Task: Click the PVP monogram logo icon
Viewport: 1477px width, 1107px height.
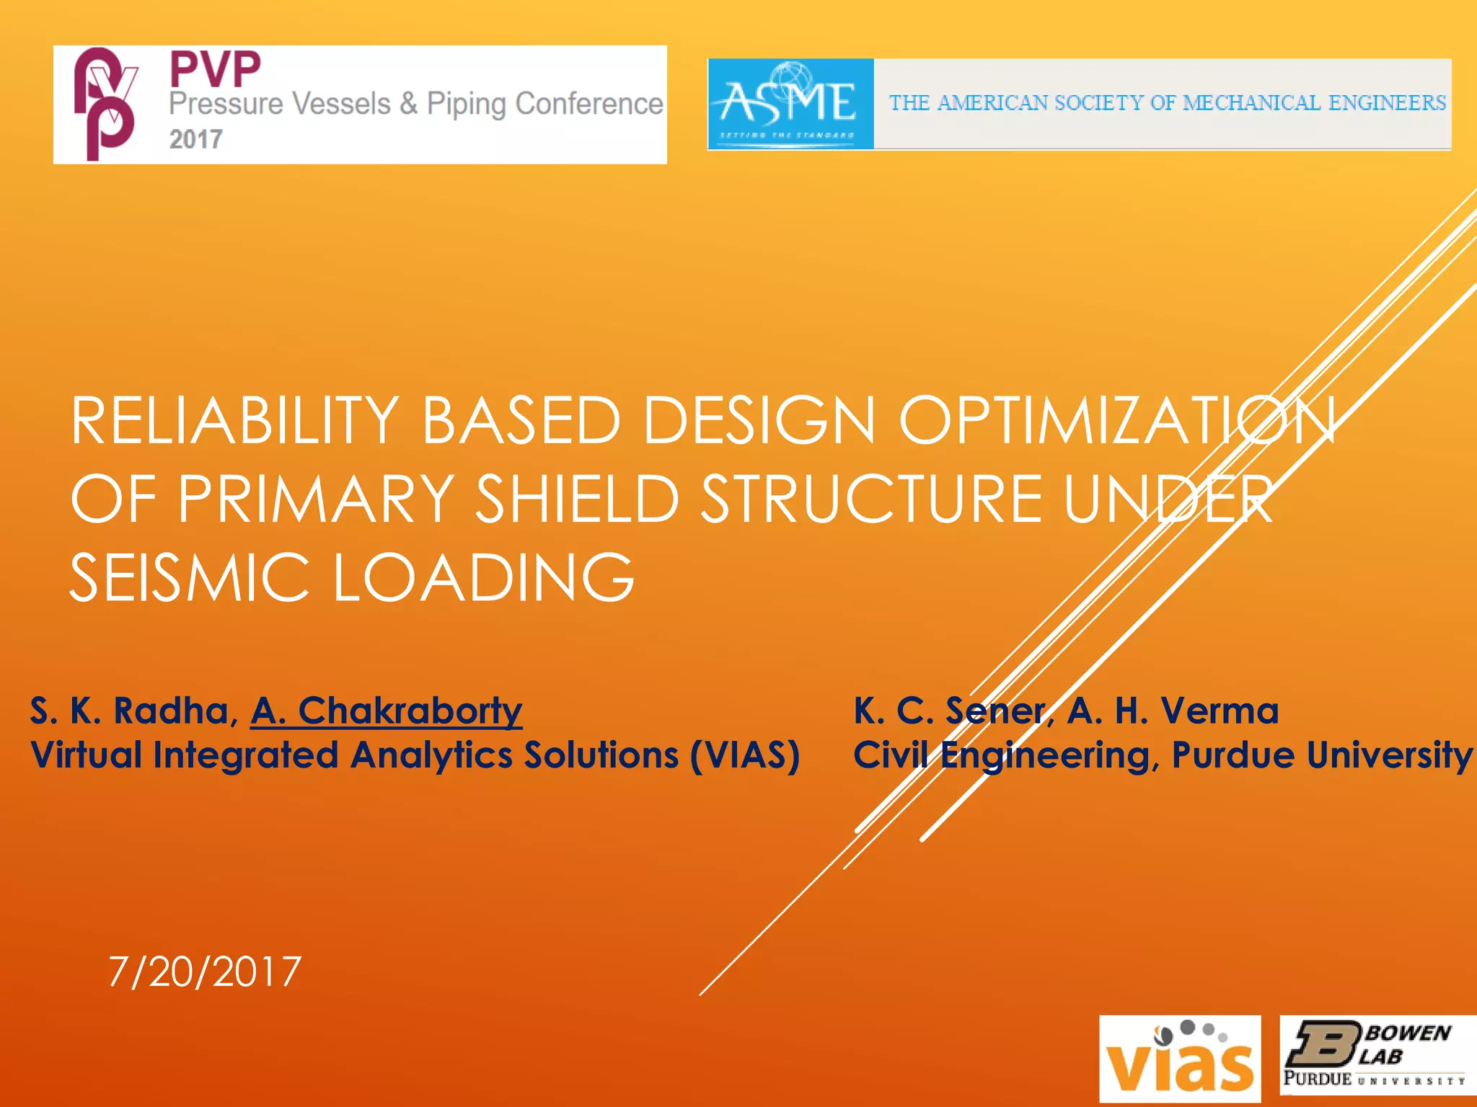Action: click(x=106, y=104)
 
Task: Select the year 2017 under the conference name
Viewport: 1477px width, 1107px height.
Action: click(x=195, y=139)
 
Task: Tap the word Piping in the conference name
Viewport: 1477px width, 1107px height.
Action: click(x=466, y=105)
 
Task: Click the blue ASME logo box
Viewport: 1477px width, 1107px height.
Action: click(x=790, y=105)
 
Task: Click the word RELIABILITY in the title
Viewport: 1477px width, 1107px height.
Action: click(x=235, y=421)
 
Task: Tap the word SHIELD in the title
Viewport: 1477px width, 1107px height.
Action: click(x=577, y=499)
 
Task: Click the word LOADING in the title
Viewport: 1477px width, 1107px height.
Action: click(x=483, y=577)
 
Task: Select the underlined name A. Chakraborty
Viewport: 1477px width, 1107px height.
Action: click(x=387, y=711)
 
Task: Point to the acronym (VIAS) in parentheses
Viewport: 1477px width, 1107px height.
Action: click(x=744, y=755)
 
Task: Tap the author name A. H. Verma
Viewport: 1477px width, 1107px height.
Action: click(x=1173, y=711)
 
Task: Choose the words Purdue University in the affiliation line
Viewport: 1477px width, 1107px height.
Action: click(x=1321, y=755)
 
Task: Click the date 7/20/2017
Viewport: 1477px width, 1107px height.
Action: click(x=205, y=972)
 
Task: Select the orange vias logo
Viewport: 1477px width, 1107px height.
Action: click(x=1179, y=1059)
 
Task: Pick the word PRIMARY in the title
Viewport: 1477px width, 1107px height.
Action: click(x=315, y=499)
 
